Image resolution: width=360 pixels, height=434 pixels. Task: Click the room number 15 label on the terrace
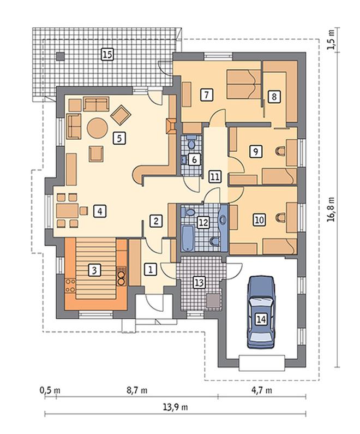coord(107,54)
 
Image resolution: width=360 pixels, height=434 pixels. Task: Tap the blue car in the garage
coord(261,312)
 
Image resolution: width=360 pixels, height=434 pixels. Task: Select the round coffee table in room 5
coord(97,128)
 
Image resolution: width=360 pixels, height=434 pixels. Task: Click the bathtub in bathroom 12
coord(188,238)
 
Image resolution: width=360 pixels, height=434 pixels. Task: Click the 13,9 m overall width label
coord(175,407)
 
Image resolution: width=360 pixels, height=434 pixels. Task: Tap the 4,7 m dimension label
coord(262,390)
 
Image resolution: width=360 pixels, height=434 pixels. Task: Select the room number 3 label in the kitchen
coord(94,270)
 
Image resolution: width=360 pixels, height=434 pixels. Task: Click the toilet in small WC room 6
coord(191,144)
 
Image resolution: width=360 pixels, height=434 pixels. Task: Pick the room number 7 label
coord(207,94)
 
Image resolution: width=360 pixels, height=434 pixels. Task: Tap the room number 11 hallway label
coord(215,176)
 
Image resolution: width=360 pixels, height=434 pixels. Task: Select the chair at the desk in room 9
coord(281,151)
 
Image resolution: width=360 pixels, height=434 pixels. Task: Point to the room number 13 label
coord(199,283)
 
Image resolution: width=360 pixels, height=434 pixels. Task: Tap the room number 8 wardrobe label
coord(274,97)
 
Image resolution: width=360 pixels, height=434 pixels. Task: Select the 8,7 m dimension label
coord(137,390)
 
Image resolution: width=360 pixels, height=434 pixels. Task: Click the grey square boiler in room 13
coord(213,301)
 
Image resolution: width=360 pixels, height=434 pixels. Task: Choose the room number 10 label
coord(259,220)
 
